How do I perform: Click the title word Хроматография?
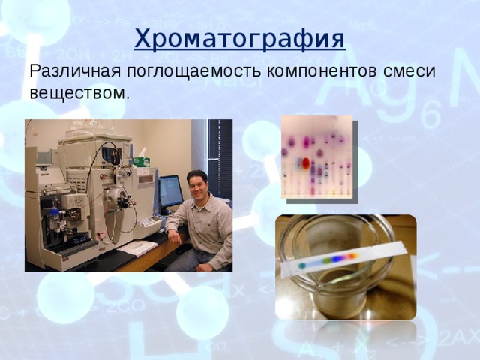tap(240, 39)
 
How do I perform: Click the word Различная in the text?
tap(74, 71)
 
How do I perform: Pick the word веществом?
tap(78, 92)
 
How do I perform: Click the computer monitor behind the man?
tap(171, 192)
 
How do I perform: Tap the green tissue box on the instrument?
tap(142, 162)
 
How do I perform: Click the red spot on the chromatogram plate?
tap(306, 163)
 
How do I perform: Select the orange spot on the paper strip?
tap(353, 255)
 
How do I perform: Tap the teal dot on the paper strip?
tap(301, 265)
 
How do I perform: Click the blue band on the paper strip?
tap(338, 258)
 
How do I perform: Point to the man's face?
tap(197, 187)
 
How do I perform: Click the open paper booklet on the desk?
tap(136, 247)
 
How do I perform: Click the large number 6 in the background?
tap(430, 113)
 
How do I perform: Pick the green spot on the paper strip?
tap(327, 260)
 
